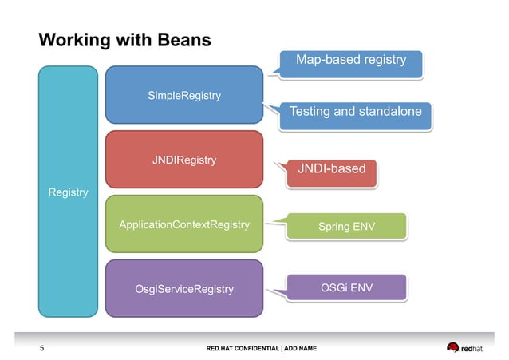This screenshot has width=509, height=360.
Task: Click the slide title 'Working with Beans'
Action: pyautogui.click(x=125, y=40)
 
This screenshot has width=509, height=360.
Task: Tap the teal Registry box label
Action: pyautogui.click(x=69, y=192)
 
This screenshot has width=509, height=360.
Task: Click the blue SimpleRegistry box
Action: pyautogui.click(x=184, y=96)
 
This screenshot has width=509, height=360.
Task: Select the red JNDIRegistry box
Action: pyautogui.click(x=184, y=160)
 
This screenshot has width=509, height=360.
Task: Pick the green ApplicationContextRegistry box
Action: pyautogui.click(x=184, y=225)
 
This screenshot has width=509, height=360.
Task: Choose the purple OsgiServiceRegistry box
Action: pyautogui.click(x=184, y=288)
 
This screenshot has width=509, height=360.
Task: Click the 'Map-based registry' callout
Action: pyautogui.click(x=351, y=60)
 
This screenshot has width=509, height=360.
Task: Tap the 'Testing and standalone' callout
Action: pyautogui.click(x=355, y=112)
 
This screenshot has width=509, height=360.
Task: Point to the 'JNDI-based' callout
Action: pyautogui.click(x=331, y=168)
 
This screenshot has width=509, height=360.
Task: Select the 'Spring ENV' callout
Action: pyautogui.click(x=346, y=227)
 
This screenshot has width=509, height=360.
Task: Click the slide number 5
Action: pyautogui.click(x=42, y=348)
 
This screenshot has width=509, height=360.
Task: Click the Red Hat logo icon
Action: pyautogui.click(x=453, y=348)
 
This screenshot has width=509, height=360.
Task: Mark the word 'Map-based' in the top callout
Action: pyautogui.click(x=324, y=60)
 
